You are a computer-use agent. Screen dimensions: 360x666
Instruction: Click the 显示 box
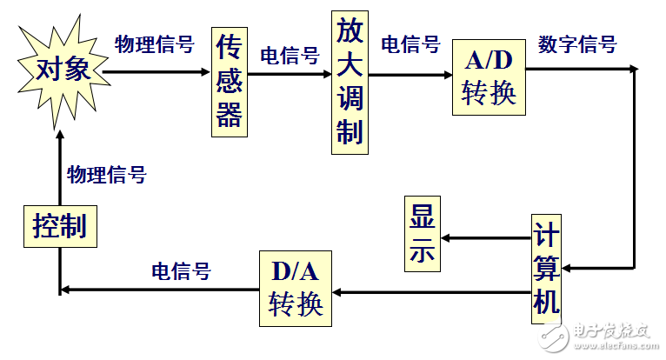coord(421,232)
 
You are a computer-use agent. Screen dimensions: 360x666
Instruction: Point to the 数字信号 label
coord(577,44)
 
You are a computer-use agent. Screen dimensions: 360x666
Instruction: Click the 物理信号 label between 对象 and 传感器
coord(155,44)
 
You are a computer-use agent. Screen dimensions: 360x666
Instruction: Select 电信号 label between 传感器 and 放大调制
coord(290,57)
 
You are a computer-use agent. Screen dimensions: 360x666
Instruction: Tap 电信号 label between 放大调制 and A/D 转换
coord(410,44)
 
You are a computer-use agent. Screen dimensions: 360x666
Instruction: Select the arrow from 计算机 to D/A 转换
coord(431,292)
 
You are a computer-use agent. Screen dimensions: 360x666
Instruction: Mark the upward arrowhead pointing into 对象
coord(59,137)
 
